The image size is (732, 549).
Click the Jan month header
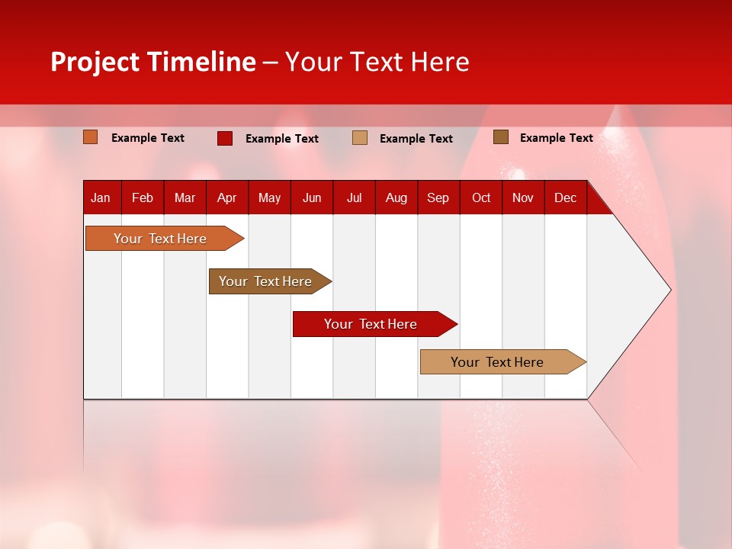click(101, 197)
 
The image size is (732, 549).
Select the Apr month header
click(226, 197)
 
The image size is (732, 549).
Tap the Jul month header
click(354, 197)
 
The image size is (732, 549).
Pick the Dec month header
click(565, 197)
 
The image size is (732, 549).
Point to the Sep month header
click(438, 197)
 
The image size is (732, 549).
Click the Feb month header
click(143, 197)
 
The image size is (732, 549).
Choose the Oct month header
click(481, 197)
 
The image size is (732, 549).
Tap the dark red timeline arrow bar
click(371, 324)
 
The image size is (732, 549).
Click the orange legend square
click(90, 137)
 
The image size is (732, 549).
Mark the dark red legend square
click(224, 138)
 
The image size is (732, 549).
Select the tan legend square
click(360, 138)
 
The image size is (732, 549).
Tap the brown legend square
click(500, 137)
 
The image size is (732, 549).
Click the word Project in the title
click(95, 62)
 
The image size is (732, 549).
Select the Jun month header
click(312, 197)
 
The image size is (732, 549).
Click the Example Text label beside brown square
click(556, 137)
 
